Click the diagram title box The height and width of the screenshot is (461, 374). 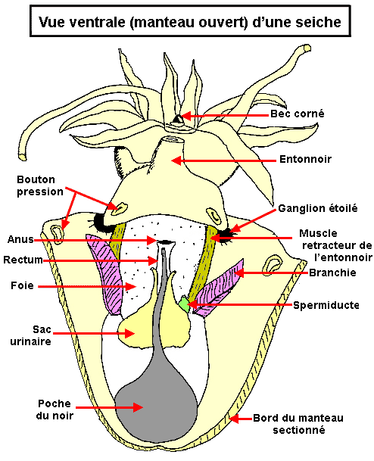[x=190, y=21]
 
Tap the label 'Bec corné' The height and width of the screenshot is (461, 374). [x=298, y=114]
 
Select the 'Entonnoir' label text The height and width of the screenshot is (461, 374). [x=306, y=160]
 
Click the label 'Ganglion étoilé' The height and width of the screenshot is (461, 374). [x=318, y=208]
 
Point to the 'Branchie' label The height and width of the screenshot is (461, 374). [x=332, y=273]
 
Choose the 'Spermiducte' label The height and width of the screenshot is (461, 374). [x=326, y=305]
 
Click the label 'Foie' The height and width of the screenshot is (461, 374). [x=22, y=285]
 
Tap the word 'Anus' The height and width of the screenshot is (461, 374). [x=20, y=239]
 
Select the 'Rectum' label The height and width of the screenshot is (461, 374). [x=23, y=260]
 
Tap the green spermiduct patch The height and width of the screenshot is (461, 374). [x=184, y=304]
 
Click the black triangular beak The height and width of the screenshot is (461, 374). [x=178, y=119]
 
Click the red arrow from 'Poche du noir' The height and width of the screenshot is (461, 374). [x=109, y=407]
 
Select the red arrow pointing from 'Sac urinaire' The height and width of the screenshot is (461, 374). [x=94, y=333]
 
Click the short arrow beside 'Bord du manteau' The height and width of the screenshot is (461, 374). [x=240, y=418]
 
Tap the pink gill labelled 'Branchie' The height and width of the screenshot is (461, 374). [x=220, y=288]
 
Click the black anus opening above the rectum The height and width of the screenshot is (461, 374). [x=166, y=242]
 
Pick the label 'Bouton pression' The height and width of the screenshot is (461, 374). [x=40, y=185]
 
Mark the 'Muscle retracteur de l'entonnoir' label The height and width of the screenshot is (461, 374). [x=336, y=245]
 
